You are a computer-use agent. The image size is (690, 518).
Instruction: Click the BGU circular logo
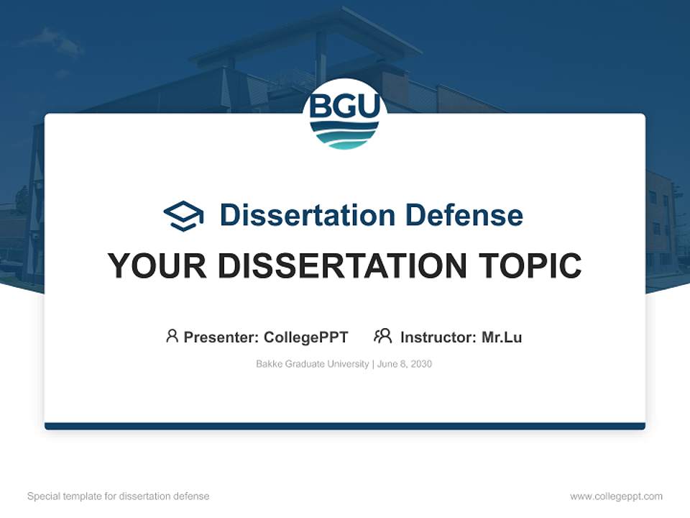345,114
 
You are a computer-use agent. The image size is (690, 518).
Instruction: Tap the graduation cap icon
183,215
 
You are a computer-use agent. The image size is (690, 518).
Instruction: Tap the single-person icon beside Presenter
172,336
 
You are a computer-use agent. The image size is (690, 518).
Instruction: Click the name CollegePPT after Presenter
306,337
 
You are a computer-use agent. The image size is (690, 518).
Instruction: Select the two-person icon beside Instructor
382,336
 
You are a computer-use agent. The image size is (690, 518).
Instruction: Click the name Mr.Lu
502,337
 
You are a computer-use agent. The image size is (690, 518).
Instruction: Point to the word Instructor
438,337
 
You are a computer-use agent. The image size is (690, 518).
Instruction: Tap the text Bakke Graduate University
312,364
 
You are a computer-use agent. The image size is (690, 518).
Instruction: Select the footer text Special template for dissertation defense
119,496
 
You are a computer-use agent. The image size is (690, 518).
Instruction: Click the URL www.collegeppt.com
616,496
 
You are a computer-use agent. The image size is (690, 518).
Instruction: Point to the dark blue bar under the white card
345,426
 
